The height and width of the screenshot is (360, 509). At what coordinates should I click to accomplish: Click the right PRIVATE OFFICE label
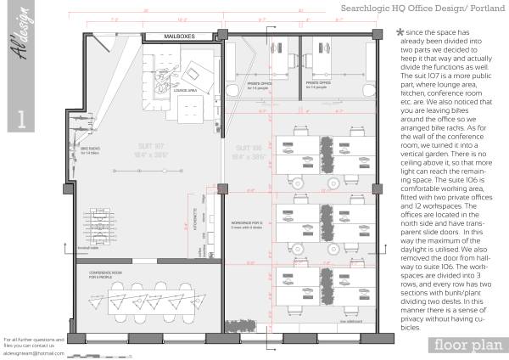point(315,84)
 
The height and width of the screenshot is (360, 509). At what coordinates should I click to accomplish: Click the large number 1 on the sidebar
point(21,118)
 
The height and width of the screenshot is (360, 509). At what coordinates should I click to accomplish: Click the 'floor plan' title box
point(462,344)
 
